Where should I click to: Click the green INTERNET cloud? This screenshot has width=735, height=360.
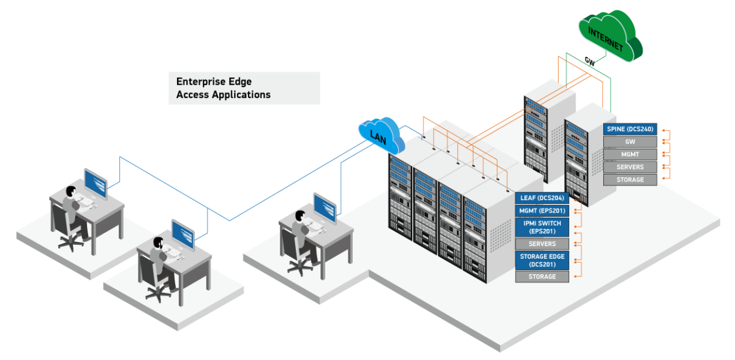point(609,37)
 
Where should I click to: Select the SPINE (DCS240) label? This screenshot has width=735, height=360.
point(630,129)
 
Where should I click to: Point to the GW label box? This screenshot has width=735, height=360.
point(630,142)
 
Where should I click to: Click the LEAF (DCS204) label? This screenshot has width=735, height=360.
point(542,198)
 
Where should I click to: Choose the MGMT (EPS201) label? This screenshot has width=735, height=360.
point(542,211)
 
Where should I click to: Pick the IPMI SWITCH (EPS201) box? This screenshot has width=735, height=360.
point(542,227)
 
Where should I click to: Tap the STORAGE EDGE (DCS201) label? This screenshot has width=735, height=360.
point(542,260)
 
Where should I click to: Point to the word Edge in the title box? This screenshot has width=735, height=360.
point(239,81)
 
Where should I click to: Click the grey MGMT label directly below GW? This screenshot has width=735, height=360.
point(630,154)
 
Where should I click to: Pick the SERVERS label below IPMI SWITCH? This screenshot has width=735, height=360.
point(542,244)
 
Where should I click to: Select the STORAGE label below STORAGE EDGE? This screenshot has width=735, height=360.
point(542,277)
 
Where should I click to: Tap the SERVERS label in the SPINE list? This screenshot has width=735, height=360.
point(630,167)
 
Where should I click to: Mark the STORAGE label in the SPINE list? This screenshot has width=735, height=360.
point(630,180)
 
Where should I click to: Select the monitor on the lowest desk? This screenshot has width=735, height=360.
point(183,234)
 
